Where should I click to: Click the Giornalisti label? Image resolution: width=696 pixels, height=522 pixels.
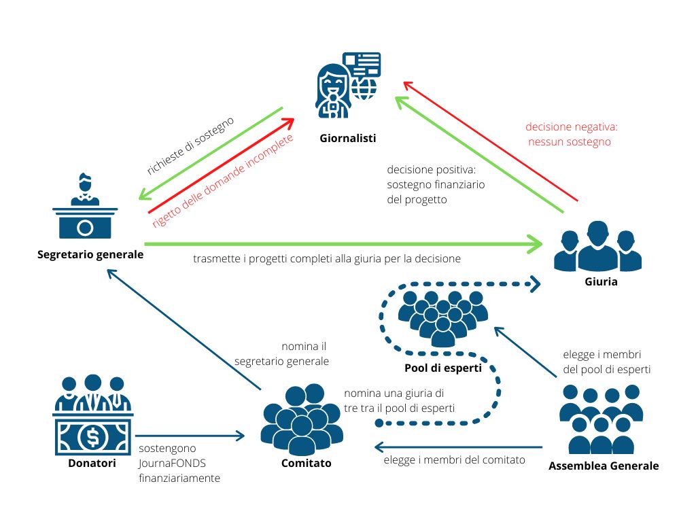point(347,139)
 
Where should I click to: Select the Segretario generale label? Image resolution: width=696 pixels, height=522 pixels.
point(90,255)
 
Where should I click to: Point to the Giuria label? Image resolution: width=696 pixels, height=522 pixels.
point(600,281)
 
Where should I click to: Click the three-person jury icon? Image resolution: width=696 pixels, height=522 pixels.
point(597,247)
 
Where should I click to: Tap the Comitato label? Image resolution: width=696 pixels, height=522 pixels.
point(306,464)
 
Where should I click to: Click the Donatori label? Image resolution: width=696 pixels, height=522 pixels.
point(92,464)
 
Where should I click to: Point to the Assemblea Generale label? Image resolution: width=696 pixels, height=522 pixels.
point(604,466)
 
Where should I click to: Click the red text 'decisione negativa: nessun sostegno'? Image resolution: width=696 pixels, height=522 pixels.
point(571,135)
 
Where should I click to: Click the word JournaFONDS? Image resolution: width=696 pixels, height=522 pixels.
point(173,463)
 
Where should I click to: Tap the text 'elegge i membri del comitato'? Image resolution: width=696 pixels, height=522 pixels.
point(454,460)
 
